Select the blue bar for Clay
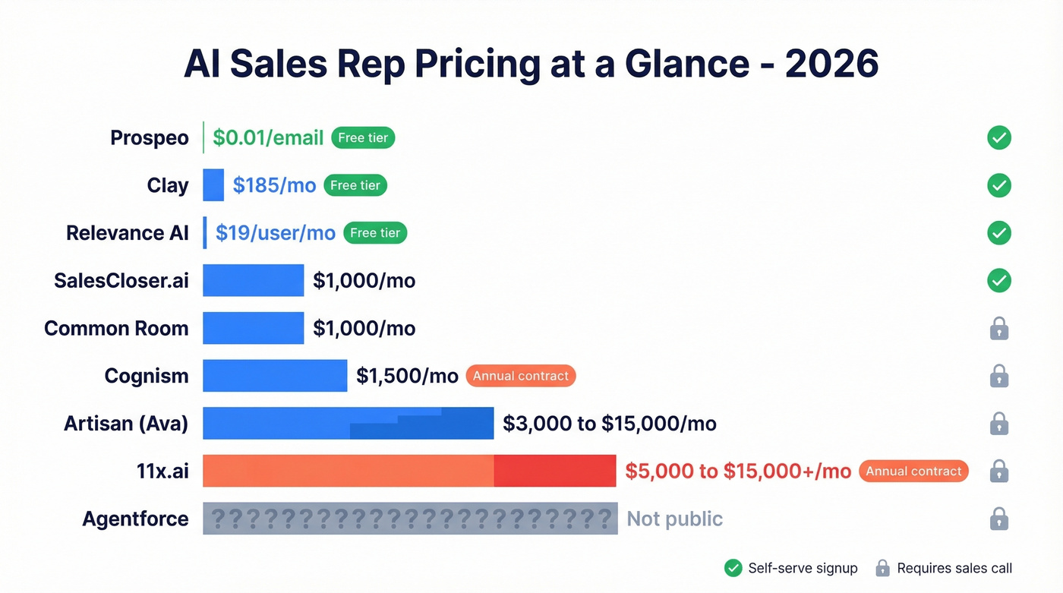coord(213,185)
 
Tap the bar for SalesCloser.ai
coord(253,281)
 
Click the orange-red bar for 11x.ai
coord(409,471)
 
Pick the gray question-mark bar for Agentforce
coord(410,519)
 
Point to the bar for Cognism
coord(275,376)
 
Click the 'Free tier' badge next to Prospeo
coord(363,138)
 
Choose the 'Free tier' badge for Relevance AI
coord(375,233)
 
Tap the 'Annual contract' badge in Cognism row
coord(520,376)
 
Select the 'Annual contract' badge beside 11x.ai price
coord(913,471)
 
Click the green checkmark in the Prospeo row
coord(999,138)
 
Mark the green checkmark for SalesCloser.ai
coord(999,281)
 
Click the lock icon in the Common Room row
coord(999,329)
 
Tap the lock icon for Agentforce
coord(999,519)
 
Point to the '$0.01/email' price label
coord(268,138)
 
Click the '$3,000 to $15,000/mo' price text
coord(610,424)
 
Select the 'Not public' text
coord(674,519)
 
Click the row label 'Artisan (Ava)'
coord(126,424)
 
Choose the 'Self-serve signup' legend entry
coord(791,568)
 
